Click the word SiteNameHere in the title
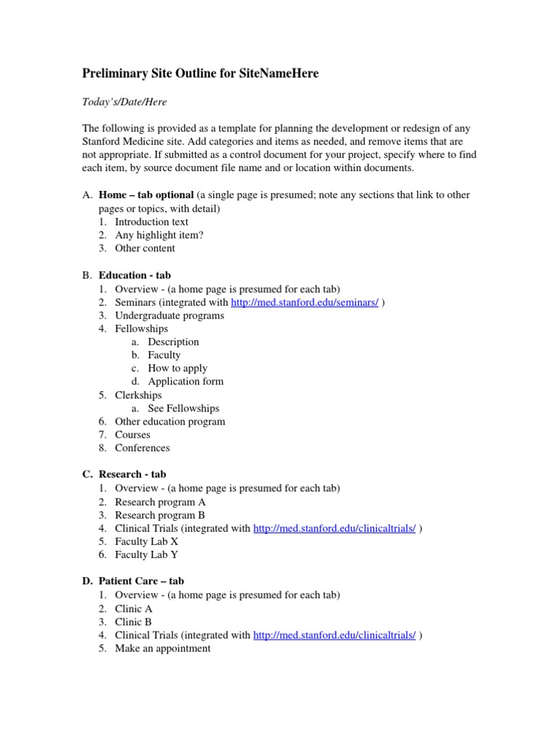point(279,74)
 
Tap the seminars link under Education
point(304,302)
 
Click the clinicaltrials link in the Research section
point(335,528)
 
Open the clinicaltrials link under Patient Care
point(335,635)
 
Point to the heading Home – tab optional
point(146,195)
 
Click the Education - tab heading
point(135,275)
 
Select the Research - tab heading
point(132,474)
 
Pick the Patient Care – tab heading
point(141,581)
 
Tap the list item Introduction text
point(151,221)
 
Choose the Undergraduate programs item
point(170,315)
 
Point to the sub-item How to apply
point(178,368)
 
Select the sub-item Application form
point(186,381)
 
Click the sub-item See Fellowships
point(183,408)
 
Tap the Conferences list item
point(142,447)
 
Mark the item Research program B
point(160,515)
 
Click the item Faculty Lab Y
point(146,554)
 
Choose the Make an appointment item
point(163,648)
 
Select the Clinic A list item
point(134,608)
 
